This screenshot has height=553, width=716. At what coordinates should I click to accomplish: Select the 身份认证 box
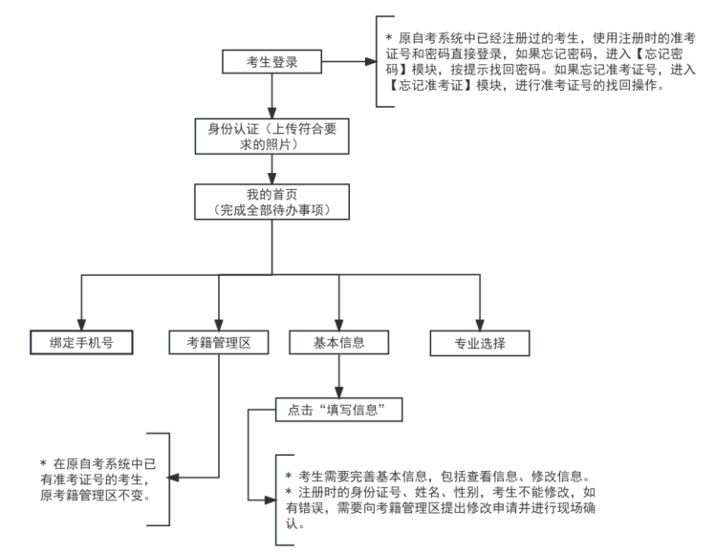[x=273, y=136]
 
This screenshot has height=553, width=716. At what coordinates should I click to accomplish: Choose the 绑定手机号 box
[x=78, y=340]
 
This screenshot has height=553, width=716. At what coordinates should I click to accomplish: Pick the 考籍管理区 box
[x=219, y=340]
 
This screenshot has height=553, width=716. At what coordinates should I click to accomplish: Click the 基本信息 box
[x=337, y=340]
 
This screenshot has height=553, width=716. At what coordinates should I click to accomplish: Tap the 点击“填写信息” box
[x=336, y=410]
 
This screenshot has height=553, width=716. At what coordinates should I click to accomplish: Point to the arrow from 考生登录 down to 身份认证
[x=273, y=96]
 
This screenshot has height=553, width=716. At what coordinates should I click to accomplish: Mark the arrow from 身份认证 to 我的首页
[x=273, y=169]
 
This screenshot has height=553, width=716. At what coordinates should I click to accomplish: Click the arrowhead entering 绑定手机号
[x=78, y=321]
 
